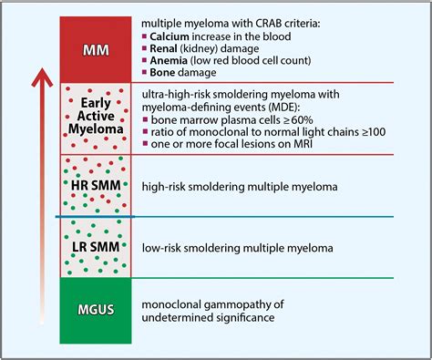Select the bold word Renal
click(166, 47)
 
